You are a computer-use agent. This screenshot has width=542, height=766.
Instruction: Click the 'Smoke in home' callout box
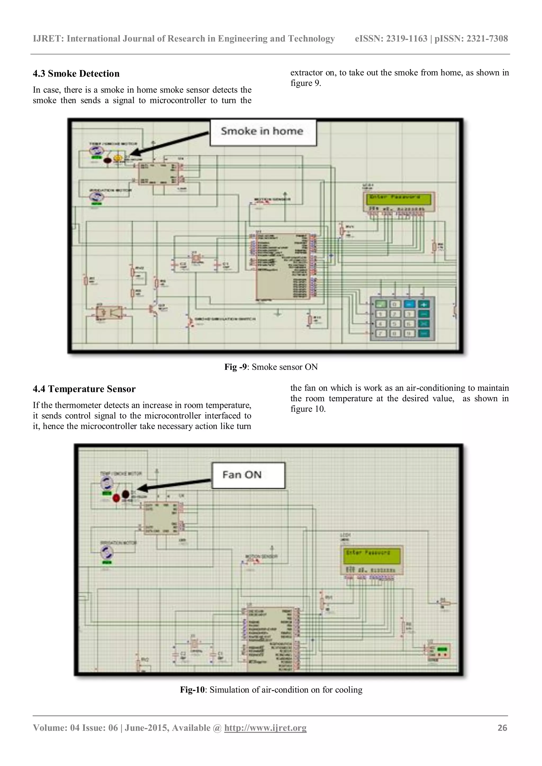(263, 133)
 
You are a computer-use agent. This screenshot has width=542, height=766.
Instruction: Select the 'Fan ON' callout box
(248, 475)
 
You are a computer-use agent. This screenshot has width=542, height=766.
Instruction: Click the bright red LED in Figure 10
(116, 498)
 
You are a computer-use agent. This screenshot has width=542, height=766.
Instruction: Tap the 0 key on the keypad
(395, 304)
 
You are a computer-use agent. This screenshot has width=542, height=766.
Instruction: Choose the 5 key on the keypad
(395, 323)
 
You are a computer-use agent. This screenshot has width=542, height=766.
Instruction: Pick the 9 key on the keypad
(409, 333)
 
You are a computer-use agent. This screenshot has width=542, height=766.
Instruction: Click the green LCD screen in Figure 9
(399, 199)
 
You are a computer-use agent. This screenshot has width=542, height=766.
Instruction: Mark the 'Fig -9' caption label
(236, 367)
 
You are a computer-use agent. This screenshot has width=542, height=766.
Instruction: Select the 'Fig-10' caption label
(192, 690)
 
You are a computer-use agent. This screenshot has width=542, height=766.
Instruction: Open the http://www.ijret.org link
(265, 728)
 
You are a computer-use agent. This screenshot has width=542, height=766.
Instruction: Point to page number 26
(502, 728)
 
